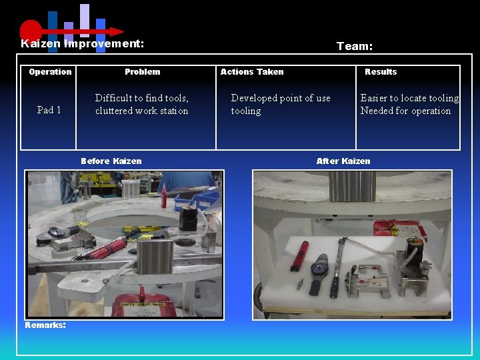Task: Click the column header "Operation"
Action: pyautogui.click(x=50, y=72)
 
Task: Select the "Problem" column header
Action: pyautogui.click(x=142, y=72)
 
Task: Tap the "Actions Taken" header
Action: pyautogui.click(x=251, y=72)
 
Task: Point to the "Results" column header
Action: pyautogui.click(x=380, y=72)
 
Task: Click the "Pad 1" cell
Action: pyautogui.click(x=49, y=110)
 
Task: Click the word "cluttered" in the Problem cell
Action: pyautogui.click(x=114, y=111)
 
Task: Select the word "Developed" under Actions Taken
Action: pyautogui.click(x=254, y=98)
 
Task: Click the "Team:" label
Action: pyautogui.click(x=354, y=46)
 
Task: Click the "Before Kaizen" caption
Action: pyautogui.click(x=111, y=161)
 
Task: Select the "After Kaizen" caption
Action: pyautogui.click(x=343, y=161)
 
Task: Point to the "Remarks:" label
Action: pyautogui.click(x=45, y=325)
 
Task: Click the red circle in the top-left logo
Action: pyautogui.click(x=31, y=30)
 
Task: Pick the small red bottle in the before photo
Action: pyautogui.click(x=163, y=197)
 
